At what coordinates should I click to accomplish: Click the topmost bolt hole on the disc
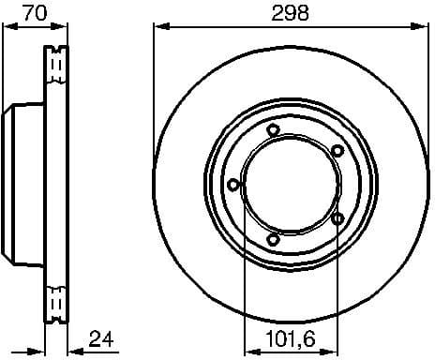tap(273, 130)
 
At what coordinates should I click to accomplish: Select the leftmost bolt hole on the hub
tap(232, 185)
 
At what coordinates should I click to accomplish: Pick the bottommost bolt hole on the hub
tap(273, 240)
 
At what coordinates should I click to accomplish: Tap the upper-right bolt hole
tap(337, 151)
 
